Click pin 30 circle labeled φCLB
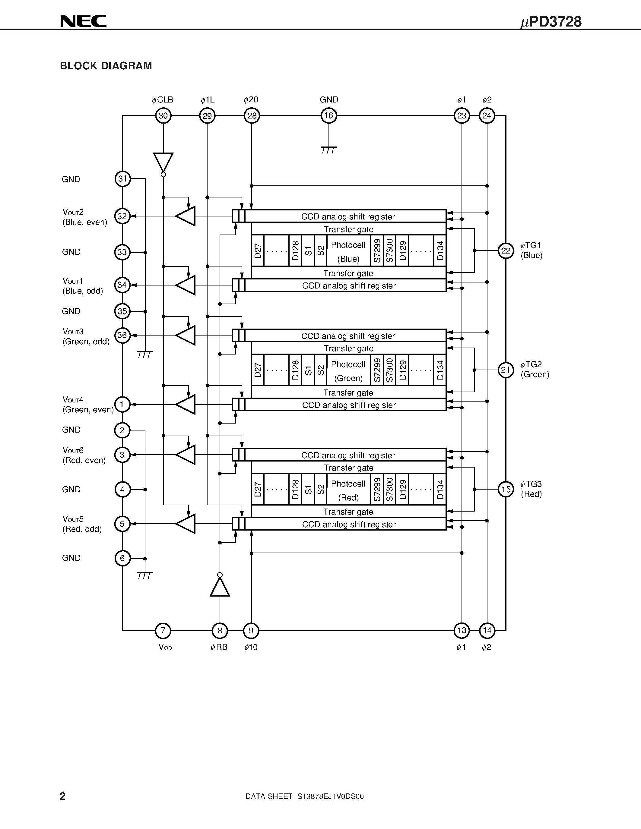point(163,116)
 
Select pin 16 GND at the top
point(328,116)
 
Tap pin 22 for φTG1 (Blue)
point(506,251)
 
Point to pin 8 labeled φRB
point(220,631)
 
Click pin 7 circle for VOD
point(163,631)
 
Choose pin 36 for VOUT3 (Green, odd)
point(122,335)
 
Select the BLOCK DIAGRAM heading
point(106,66)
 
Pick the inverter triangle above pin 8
point(220,586)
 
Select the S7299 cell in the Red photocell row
point(377,489)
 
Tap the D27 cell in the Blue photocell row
point(258,251)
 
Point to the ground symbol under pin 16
point(328,150)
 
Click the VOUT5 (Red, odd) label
point(82,524)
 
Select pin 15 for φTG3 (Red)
point(506,489)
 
